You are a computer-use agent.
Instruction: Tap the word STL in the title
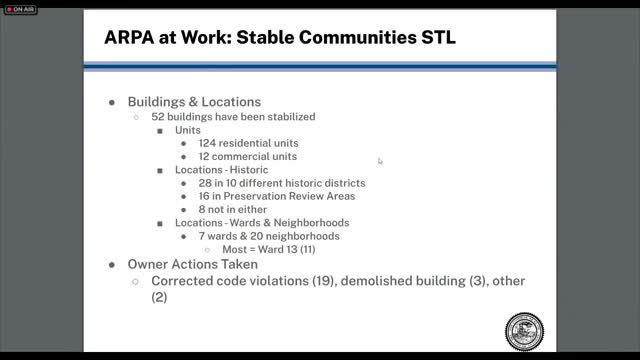point(441,38)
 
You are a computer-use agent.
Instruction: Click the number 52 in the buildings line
point(159,116)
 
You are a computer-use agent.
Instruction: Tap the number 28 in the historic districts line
point(205,183)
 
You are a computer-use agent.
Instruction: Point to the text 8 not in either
point(234,209)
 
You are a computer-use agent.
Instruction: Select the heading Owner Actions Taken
point(193,264)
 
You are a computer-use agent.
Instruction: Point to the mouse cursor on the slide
point(380,161)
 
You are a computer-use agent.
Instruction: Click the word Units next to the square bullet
point(190,130)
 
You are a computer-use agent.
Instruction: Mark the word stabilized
point(286,116)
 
